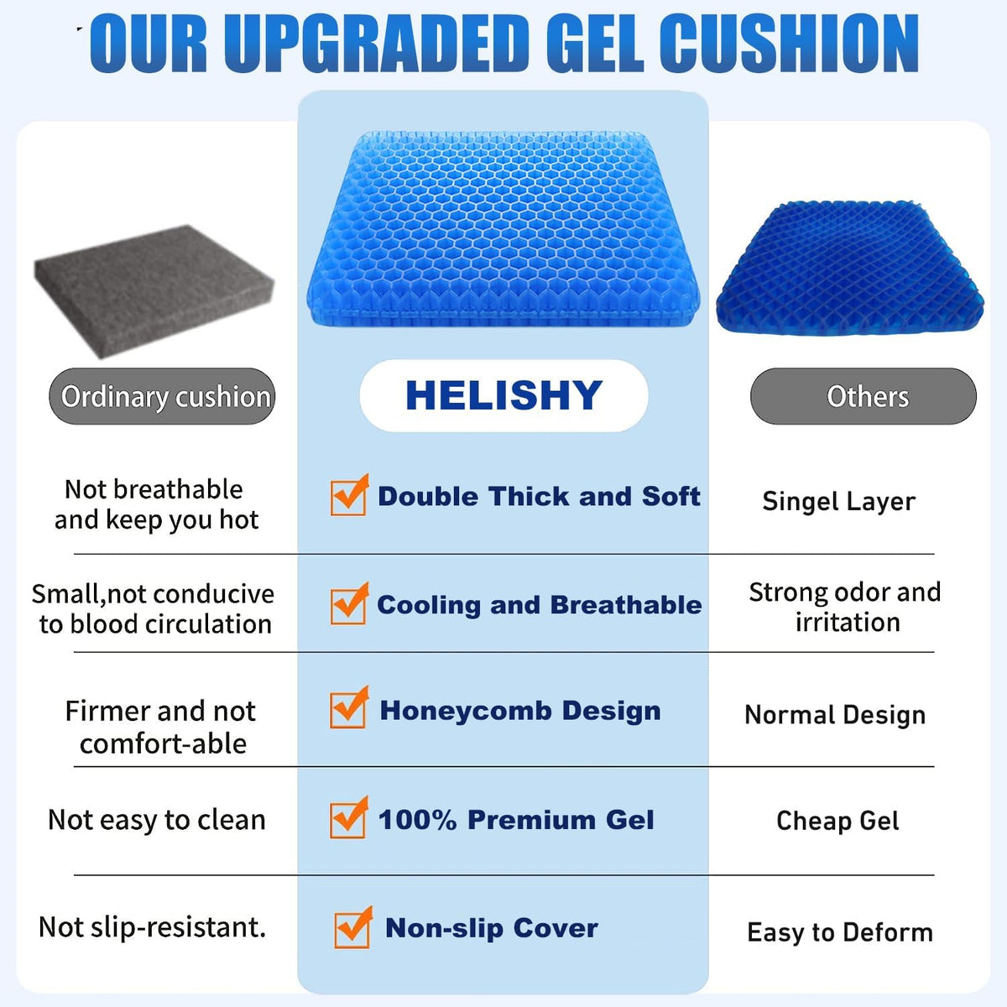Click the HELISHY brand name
pos(503,396)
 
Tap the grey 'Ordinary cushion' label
pos(163,396)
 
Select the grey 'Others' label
pos(864,396)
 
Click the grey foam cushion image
pos(154,289)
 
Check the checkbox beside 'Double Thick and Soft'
pos(347,497)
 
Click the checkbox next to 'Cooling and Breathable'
pos(347,605)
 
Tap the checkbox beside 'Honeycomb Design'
pos(347,709)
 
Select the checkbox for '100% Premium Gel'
pos(347,819)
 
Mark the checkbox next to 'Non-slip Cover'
pos(352,928)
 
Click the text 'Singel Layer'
pos(838,501)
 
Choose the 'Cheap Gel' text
pos(837,821)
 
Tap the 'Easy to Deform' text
pos(840,932)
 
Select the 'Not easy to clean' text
pos(157,820)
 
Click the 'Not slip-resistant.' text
pos(153,927)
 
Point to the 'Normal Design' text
pos(835,715)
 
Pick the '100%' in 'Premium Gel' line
pos(417,820)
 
